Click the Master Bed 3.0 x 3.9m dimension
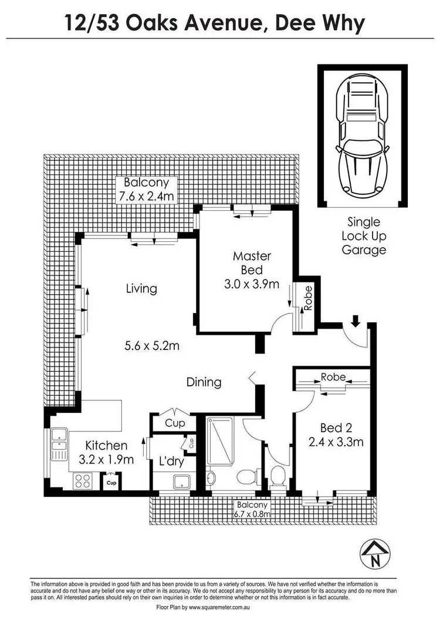click(252, 284)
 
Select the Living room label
click(141, 288)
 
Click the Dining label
click(204, 382)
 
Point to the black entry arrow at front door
click(355, 321)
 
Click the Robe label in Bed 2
click(333, 377)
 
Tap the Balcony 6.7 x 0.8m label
click(252, 509)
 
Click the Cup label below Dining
click(174, 423)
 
